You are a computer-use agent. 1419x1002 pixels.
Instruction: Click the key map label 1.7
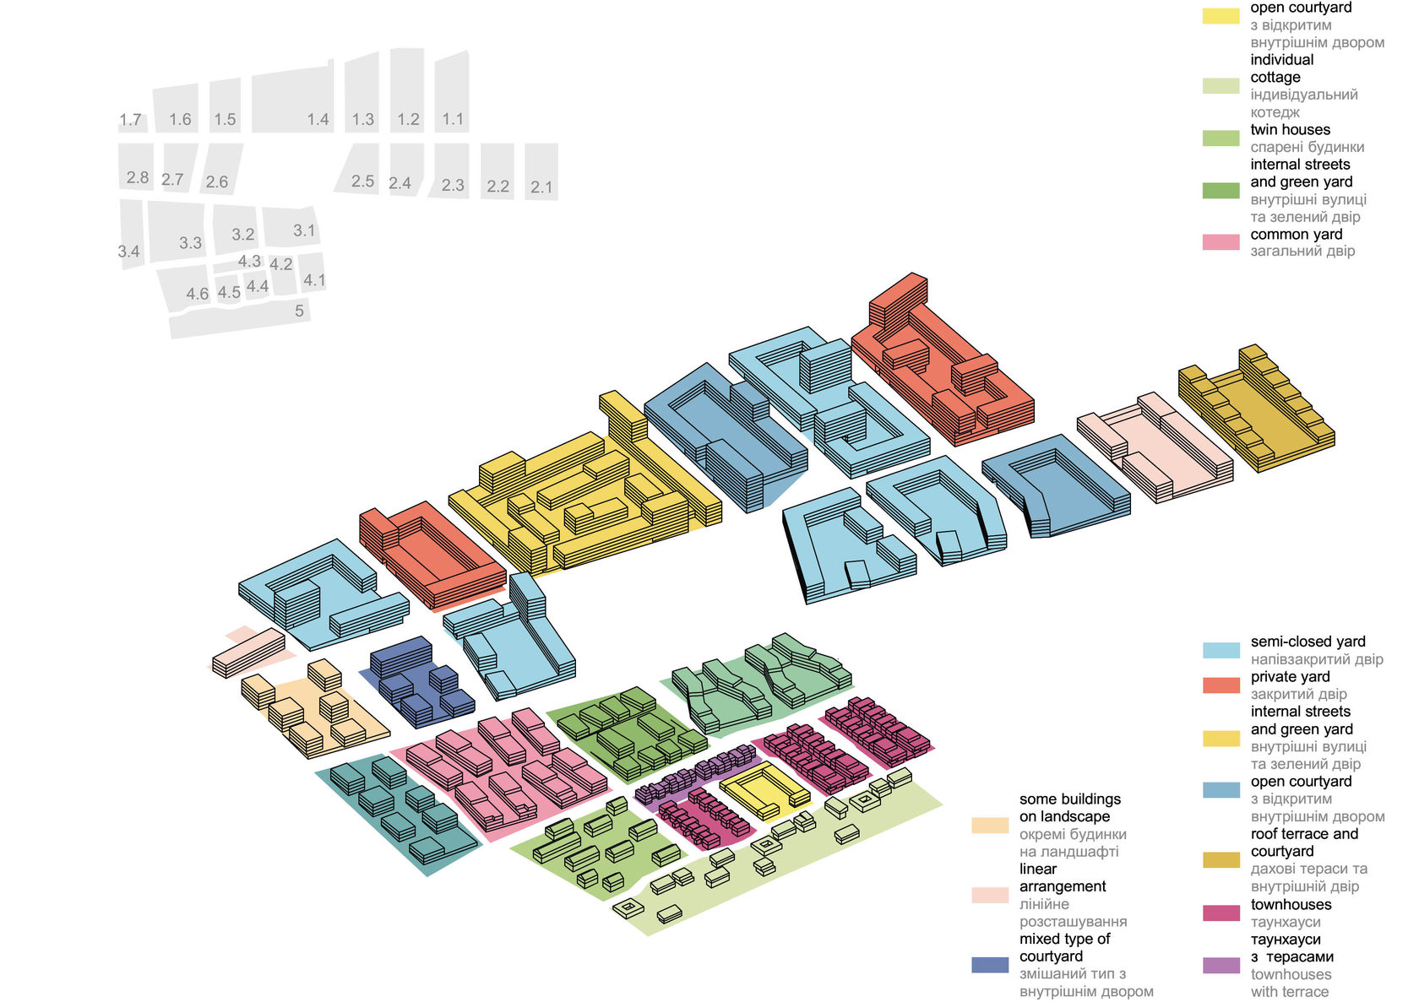click(x=130, y=120)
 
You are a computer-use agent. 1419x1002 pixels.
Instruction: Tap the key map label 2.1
click(x=541, y=187)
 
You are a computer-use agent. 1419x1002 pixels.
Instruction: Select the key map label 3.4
click(x=128, y=252)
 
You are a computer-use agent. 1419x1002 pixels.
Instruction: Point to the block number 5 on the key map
click(x=299, y=311)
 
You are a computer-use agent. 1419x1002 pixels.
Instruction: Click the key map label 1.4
click(x=318, y=119)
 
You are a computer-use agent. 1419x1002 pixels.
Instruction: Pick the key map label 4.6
click(x=197, y=294)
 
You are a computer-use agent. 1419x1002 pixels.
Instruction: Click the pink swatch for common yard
click(x=1221, y=242)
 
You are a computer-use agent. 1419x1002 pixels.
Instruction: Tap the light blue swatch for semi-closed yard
click(x=1221, y=650)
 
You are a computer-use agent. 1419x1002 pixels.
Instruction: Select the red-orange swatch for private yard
click(x=1221, y=685)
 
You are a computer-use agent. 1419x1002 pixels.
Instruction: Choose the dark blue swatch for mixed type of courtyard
click(x=990, y=965)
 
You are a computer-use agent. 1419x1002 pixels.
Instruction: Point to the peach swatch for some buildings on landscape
click(x=990, y=826)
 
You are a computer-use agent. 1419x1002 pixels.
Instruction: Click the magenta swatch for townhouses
click(x=1221, y=913)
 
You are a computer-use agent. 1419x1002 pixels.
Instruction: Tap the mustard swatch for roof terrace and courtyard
click(x=1221, y=860)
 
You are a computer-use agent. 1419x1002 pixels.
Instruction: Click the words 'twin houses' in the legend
click(x=1290, y=130)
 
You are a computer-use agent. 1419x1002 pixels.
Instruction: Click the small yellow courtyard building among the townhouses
click(x=764, y=791)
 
